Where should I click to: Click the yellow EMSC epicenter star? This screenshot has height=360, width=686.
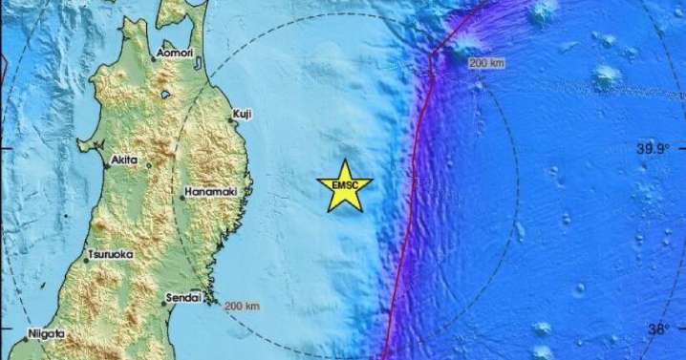pos(346,183)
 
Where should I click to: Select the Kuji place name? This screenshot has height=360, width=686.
pos(243,115)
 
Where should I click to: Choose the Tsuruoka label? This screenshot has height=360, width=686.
pos(109,254)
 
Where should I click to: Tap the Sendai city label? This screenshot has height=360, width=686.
pos(183,298)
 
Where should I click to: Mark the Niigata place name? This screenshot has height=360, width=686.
pos(46,334)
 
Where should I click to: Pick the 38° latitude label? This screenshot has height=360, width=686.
pos(659,329)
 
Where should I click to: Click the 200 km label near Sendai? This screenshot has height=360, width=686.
pos(242,307)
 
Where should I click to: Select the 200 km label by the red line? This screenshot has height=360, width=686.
pos(487,63)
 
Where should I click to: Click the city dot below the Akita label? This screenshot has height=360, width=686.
pos(148,166)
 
